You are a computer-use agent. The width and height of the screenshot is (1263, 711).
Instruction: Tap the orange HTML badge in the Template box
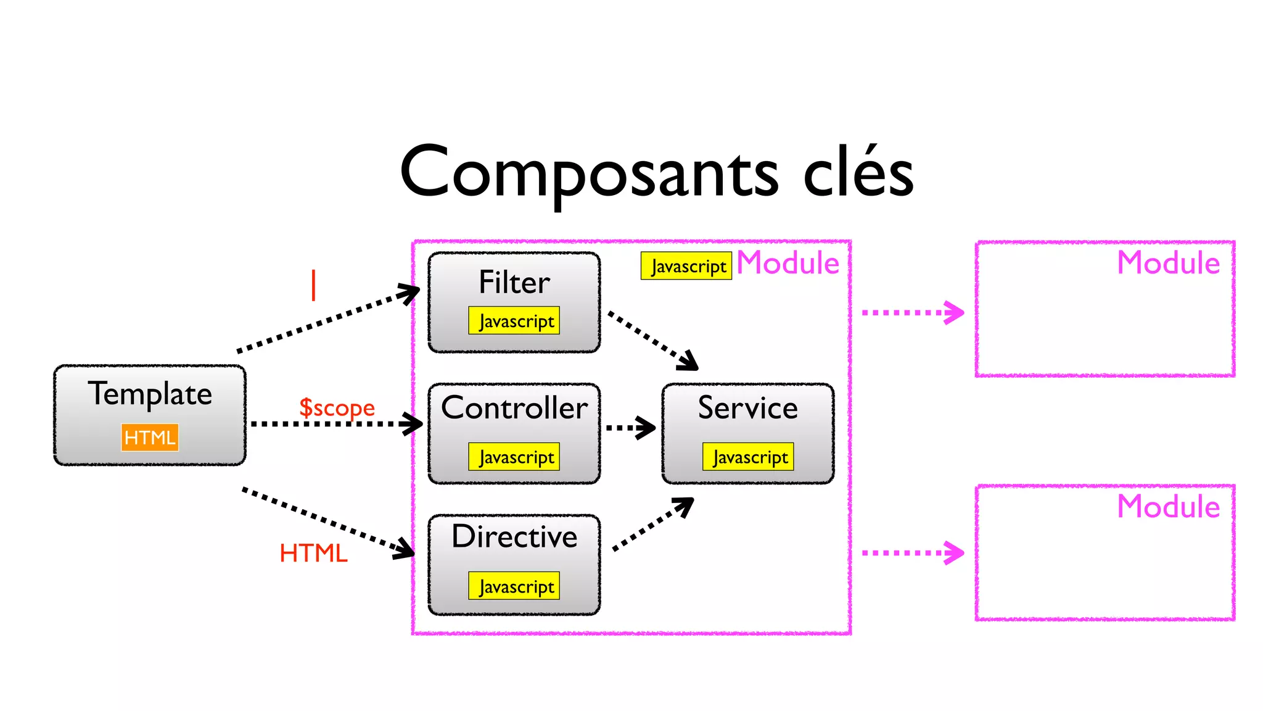tap(150, 437)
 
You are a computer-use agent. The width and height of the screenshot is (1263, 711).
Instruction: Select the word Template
tap(150, 394)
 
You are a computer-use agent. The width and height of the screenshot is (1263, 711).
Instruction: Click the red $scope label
tap(337, 407)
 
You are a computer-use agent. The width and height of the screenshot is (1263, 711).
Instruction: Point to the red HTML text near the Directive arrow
tap(313, 553)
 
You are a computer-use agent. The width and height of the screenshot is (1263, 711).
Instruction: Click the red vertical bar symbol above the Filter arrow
tap(313, 285)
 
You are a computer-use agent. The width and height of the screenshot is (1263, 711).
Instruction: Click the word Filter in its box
tap(514, 283)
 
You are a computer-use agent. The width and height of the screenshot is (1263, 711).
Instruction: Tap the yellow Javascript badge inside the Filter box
tap(514, 321)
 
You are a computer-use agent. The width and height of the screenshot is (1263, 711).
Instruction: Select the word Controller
tap(514, 408)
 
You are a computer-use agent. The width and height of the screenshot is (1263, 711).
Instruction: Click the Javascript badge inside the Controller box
tap(514, 457)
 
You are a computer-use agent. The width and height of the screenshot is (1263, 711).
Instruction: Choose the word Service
tap(747, 408)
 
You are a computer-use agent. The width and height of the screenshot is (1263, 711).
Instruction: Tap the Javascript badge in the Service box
tap(748, 457)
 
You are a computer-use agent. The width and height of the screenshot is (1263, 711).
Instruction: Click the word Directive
tap(514, 536)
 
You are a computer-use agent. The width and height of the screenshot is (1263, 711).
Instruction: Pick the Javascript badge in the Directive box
tap(514, 586)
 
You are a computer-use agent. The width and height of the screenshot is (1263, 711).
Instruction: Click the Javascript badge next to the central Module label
tap(686, 266)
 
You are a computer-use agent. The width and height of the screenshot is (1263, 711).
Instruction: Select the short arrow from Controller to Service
tap(630, 427)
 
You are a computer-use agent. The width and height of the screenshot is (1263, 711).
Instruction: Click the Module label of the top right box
tap(1168, 263)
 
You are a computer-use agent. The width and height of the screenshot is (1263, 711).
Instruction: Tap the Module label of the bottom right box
tap(1168, 507)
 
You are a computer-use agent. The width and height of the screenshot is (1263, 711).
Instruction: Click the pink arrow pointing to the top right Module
tap(913, 312)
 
